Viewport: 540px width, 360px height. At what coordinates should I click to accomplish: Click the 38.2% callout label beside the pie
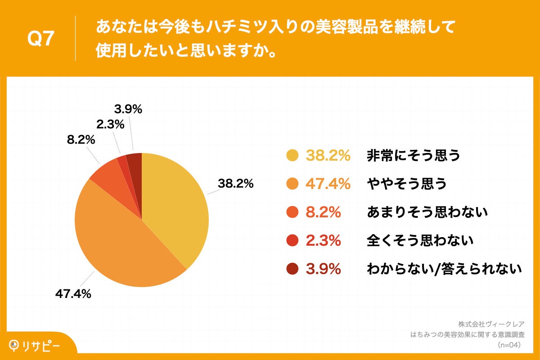[236, 184]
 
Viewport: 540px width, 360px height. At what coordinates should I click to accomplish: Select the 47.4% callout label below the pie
[73, 294]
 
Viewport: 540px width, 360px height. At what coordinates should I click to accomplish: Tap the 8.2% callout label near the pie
[81, 140]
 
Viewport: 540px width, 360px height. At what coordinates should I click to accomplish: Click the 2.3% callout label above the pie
[110, 124]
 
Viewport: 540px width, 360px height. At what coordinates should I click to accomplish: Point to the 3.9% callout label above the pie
[128, 109]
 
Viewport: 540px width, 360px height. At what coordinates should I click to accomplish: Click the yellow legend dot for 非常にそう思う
[292, 156]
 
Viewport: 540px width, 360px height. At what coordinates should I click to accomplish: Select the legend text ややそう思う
[407, 184]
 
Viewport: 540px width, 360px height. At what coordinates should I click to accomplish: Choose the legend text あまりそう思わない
[427, 212]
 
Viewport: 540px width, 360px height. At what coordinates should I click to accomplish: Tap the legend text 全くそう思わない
[420, 241]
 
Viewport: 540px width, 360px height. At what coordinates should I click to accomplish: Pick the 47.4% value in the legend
[328, 184]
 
